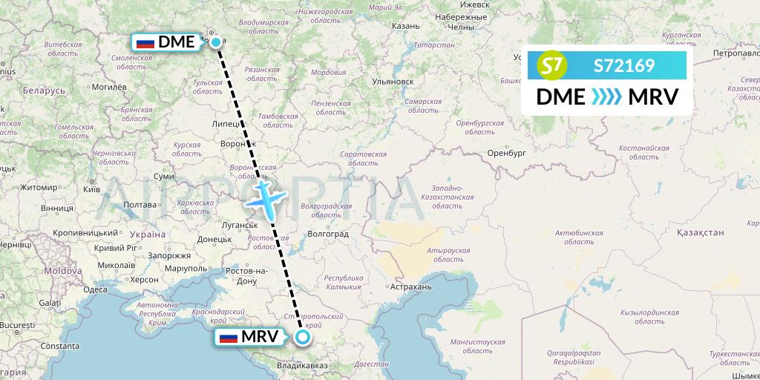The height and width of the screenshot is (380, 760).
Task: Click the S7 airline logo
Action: click(551, 66)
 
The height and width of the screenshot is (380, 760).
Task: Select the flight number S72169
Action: click(624, 66)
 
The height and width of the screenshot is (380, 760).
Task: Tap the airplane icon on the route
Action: click(264, 198)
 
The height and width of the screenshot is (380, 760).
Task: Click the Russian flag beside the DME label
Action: click(145, 42)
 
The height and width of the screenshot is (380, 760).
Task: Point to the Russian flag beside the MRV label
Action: click(229, 338)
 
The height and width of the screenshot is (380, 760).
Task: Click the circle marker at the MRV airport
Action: click(303, 338)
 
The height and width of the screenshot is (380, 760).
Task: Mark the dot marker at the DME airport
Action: click(215, 42)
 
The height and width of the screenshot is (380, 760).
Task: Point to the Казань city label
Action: click(405, 26)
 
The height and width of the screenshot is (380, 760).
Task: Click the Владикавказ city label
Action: click(301, 365)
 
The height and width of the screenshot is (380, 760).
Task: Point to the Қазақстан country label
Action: click(700, 232)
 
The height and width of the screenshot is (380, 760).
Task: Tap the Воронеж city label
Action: click(237, 143)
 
